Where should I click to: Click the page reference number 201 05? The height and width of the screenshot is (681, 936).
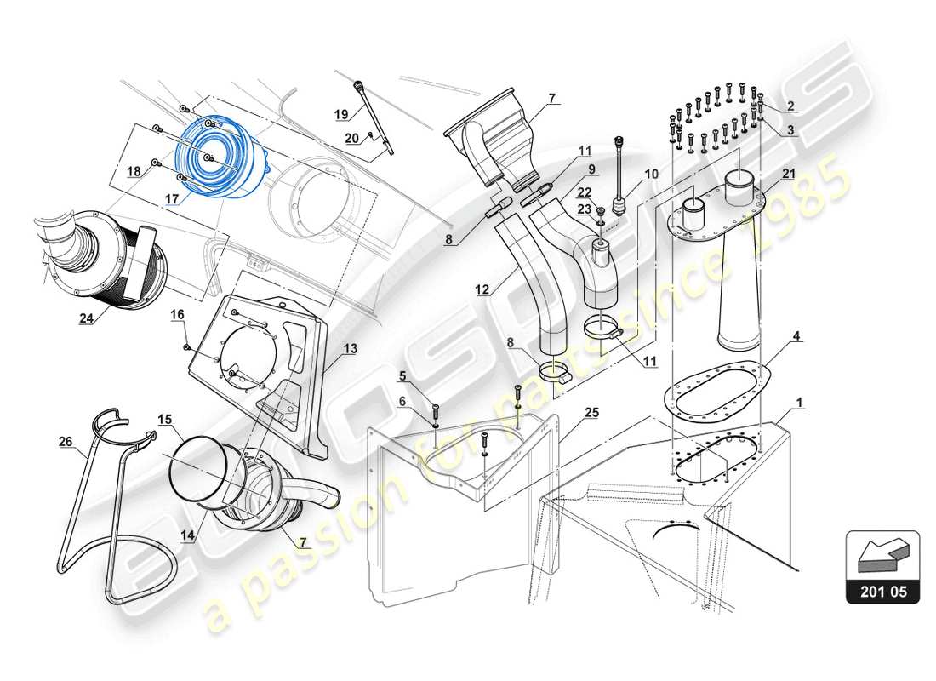[x=883, y=590]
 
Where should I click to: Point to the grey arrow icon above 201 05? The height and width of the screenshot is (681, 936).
[x=882, y=555]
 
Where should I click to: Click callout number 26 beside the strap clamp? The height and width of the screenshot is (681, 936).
[x=65, y=441]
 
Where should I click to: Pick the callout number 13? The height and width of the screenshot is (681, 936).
[x=350, y=347]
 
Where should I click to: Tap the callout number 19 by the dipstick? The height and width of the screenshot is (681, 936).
[x=341, y=114]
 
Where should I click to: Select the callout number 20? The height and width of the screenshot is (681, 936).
[x=351, y=138]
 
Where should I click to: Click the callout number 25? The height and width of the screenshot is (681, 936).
[x=591, y=412]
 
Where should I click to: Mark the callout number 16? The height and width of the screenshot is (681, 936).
[x=177, y=314]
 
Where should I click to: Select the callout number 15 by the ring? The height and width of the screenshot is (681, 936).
[x=164, y=419]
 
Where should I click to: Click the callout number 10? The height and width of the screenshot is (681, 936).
[x=650, y=175]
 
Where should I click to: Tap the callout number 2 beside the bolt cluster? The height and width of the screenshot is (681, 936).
[x=790, y=106]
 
